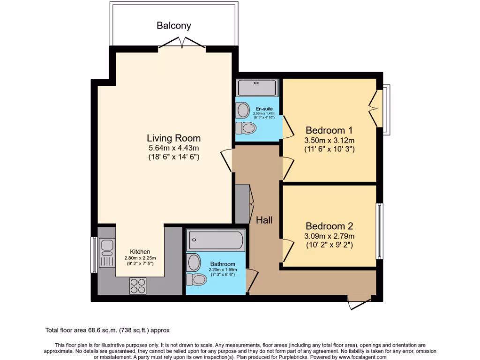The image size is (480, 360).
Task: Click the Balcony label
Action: pyautogui.click(x=173, y=25)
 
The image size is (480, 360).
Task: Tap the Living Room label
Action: pyautogui.click(x=173, y=138)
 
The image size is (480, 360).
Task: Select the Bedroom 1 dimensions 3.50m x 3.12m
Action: pyautogui.click(x=329, y=141)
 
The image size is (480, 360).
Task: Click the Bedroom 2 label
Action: pyautogui.click(x=329, y=225)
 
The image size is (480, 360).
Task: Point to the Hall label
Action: pyautogui.click(x=264, y=220)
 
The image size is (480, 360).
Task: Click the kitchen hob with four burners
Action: pyautogui.click(x=138, y=285)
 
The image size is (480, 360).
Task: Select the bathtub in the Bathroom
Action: pyautogui.click(x=216, y=240)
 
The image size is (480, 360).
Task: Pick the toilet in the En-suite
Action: pyautogui.click(x=245, y=127)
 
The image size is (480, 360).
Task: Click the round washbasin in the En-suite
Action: pyautogui.click(x=243, y=111)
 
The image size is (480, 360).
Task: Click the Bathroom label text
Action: pyautogui.click(x=223, y=264)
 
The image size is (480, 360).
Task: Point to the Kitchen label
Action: pyautogui.click(x=140, y=252)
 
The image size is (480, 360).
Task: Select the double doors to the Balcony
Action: pyautogui.click(x=182, y=44)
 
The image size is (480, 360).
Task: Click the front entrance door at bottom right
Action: pyautogui.click(x=361, y=302)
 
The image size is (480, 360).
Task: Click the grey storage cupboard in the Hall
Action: pyautogui.click(x=242, y=203)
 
